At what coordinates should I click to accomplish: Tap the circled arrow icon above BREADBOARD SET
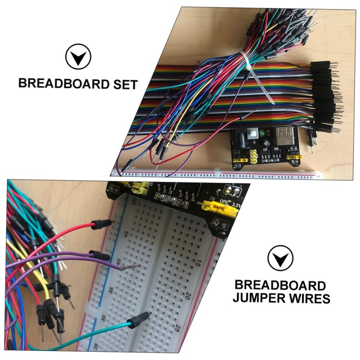(78, 57)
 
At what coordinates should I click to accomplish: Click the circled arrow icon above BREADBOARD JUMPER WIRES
(280, 259)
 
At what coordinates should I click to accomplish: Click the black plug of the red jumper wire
(102, 223)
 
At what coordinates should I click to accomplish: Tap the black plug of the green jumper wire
(138, 320)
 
